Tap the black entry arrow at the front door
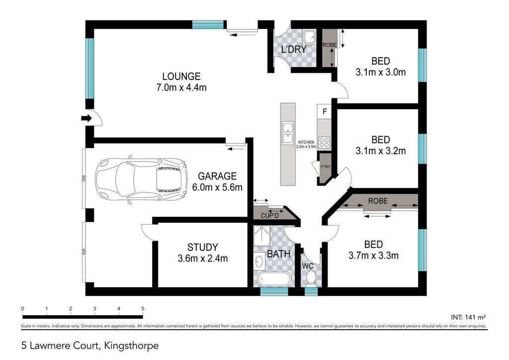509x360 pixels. [x=87, y=118]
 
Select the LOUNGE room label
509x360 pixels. [x=181, y=77]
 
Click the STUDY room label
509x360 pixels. [x=202, y=247]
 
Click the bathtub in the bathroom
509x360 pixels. [x=273, y=279]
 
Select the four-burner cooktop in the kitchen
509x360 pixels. [x=324, y=143]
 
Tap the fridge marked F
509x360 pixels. [x=325, y=111]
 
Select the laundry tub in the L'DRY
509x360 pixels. [x=310, y=37]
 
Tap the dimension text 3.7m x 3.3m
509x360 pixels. [x=374, y=256]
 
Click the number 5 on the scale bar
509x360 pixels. [x=143, y=309]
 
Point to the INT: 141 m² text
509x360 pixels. [x=468, y=316]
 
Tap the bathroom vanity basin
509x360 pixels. [x=258, y=261]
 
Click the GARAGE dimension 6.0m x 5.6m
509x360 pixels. [x=217, y=187]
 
